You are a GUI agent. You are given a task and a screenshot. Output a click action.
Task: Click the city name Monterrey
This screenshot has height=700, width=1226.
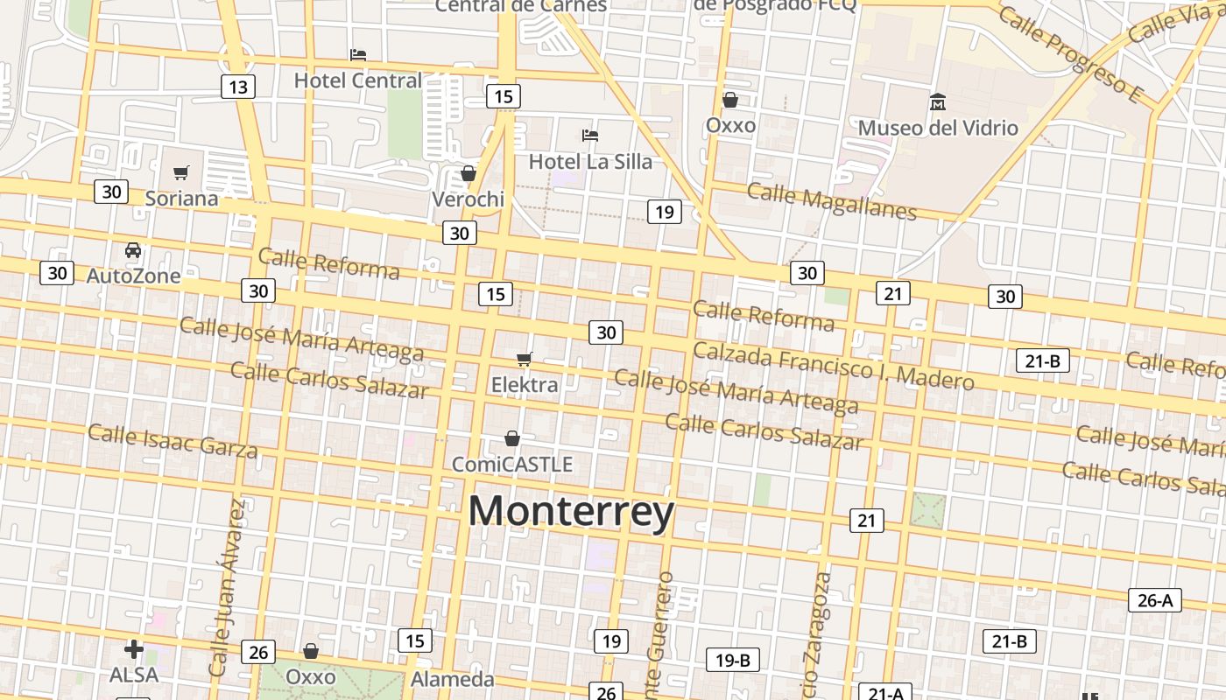point(571,512)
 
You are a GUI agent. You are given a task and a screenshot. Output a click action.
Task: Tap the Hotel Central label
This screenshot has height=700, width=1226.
point(357,80)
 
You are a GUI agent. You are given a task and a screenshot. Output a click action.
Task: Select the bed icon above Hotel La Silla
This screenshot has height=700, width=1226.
point(590,136)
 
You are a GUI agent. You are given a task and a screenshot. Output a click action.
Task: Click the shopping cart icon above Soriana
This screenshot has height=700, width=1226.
point(181,172)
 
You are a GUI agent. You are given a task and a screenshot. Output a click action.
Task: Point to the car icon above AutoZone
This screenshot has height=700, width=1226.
point(133,250)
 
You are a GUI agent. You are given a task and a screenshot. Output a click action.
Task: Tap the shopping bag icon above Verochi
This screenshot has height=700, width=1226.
point(469,173)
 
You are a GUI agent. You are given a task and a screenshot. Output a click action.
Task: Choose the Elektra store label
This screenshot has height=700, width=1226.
point(524,385)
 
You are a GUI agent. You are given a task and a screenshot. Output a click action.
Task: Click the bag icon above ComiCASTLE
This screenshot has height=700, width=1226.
point(512,437)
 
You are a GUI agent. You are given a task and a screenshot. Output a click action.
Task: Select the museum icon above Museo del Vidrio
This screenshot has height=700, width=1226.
point(938,102)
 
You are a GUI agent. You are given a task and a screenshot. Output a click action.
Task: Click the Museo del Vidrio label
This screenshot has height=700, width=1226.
point(938,128)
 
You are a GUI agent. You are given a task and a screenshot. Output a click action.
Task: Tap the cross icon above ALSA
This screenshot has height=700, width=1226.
point(134,649)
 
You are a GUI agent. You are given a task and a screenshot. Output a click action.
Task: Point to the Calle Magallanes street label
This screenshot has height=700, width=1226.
point(831,201)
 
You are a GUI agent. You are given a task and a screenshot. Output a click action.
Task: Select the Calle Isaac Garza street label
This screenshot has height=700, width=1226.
point(173,441)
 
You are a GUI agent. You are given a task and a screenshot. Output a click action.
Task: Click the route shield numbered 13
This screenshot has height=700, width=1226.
point(237,87)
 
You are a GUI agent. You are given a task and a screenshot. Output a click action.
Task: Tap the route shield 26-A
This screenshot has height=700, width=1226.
point(1154,600)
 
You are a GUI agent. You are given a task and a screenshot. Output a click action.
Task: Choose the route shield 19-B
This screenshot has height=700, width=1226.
point(732,660)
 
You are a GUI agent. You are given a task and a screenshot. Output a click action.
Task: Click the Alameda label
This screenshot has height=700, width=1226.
point(453,679)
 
